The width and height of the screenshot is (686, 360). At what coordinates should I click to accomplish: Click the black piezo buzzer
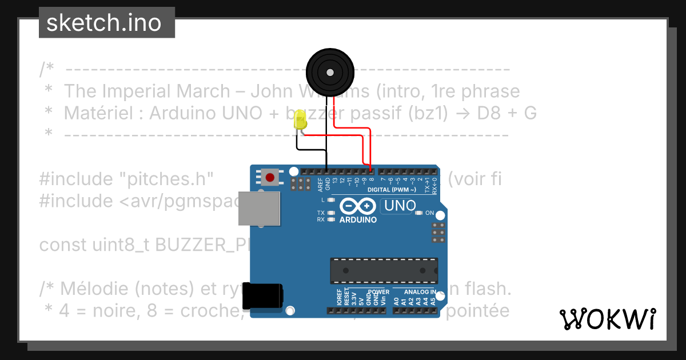click(330, 72)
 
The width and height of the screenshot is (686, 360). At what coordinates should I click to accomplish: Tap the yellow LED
click(300, 120)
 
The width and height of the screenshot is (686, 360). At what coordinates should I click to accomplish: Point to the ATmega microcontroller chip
click(384, 270)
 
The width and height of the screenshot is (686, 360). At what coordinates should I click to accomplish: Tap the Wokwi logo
click(608, 319)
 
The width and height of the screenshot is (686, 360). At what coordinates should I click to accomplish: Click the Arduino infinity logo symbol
click(357, 206)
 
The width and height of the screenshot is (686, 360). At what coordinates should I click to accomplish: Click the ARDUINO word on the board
click(358, 219)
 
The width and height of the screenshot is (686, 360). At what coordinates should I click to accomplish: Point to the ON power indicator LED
click(419, 213)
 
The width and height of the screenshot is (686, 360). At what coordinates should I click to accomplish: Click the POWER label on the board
click(378, 291)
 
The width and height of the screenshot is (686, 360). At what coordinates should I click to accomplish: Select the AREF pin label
click(320, 183)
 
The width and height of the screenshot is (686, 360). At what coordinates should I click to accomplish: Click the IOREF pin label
click(339, 299)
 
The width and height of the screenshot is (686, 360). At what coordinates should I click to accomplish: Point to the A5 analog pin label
click(433, 300)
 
